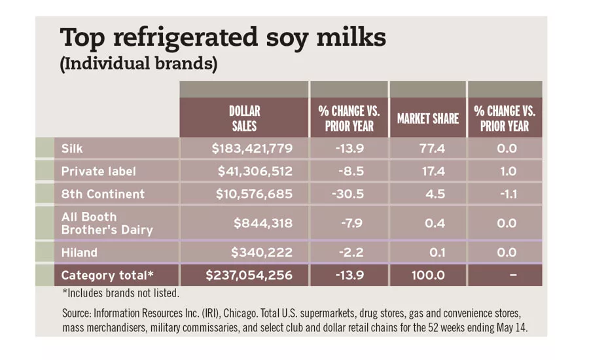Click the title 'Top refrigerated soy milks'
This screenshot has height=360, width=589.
(x=223, y=39)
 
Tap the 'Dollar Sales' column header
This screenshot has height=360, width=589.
(x=243, y=118)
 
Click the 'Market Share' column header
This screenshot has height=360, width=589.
(x=427, y=118)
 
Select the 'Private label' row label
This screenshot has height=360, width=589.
(x=98, y=171)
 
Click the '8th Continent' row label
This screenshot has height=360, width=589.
(x=103, y=194)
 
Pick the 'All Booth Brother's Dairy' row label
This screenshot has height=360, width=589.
(x=107, y=223)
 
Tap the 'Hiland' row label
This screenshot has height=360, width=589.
(x=79, y=252)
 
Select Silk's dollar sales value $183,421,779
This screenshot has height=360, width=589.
(x=252, y=149)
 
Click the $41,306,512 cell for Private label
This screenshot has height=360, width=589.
(x=255, y=171)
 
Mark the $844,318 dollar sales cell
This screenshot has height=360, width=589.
(x=263, y=223)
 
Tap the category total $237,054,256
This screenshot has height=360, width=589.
(x=249, y=276)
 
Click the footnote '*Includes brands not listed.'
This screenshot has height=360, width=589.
(x=120, y=293)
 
